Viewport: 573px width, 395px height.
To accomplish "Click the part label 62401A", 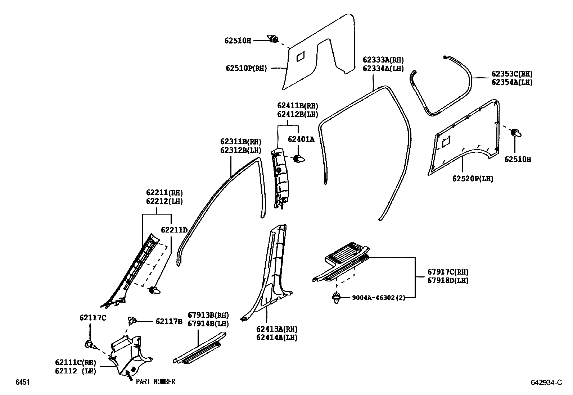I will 301,139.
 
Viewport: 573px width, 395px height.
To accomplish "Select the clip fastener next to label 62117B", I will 131,320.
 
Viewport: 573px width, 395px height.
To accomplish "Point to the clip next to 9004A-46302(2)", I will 337,298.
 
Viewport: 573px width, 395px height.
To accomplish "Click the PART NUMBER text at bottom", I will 155,382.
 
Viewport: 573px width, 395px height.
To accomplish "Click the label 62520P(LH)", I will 473,179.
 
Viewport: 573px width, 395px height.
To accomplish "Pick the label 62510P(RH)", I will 247,68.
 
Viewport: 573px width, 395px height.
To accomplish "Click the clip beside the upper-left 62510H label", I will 273,38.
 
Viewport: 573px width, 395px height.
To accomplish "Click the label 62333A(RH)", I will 383,60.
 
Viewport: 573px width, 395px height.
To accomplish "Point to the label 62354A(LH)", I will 512,82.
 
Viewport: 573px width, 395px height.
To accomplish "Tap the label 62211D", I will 174,230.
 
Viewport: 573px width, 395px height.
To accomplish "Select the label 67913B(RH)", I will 208,315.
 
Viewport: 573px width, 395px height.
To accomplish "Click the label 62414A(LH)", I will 277,337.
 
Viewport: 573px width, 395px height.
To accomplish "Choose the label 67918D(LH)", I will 448,280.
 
